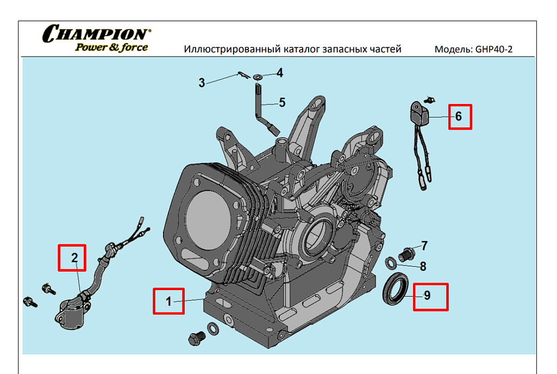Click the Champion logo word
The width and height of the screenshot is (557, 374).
[96, 34]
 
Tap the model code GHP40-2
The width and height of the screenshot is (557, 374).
[493, 50]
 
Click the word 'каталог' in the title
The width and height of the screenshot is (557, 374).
[301, 50]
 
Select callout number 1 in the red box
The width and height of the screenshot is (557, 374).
[168, 301]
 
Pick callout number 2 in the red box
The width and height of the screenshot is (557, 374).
[75, 257]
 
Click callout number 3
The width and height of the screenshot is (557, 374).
[202, 83]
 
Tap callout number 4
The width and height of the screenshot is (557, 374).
[279, 72]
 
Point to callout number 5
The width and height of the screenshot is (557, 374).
[282, 102]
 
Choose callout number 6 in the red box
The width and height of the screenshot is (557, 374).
[458, 116]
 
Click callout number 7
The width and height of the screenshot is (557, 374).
[424, 246]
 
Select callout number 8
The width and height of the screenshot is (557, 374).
[423, 267]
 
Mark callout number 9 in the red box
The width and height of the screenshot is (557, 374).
[427, 296]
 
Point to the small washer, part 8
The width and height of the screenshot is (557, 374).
[391, 264]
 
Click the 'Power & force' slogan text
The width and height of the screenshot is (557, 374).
[111, 47]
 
